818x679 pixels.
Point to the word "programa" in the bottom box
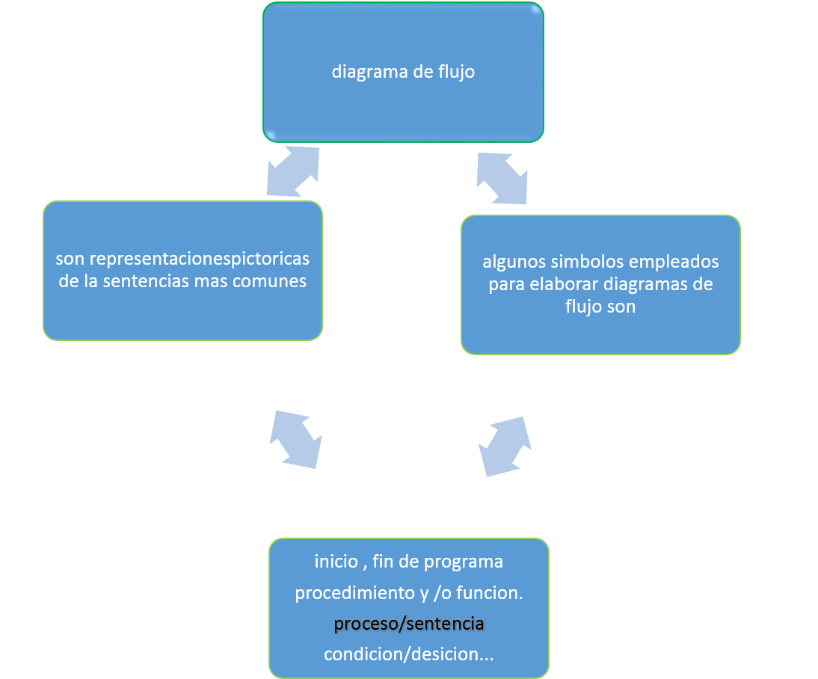(467, 561)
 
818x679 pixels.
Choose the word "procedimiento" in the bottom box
(345, 592)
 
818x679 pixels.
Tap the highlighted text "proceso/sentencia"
(409, 623)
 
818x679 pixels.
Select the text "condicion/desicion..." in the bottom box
(409, 654)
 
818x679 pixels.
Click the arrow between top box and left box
(293, 172)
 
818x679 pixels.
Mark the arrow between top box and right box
(502, 178)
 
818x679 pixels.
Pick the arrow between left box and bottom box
(296, 439)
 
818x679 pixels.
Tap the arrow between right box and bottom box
(505, 446)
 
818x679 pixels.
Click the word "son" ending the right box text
(621, 307)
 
